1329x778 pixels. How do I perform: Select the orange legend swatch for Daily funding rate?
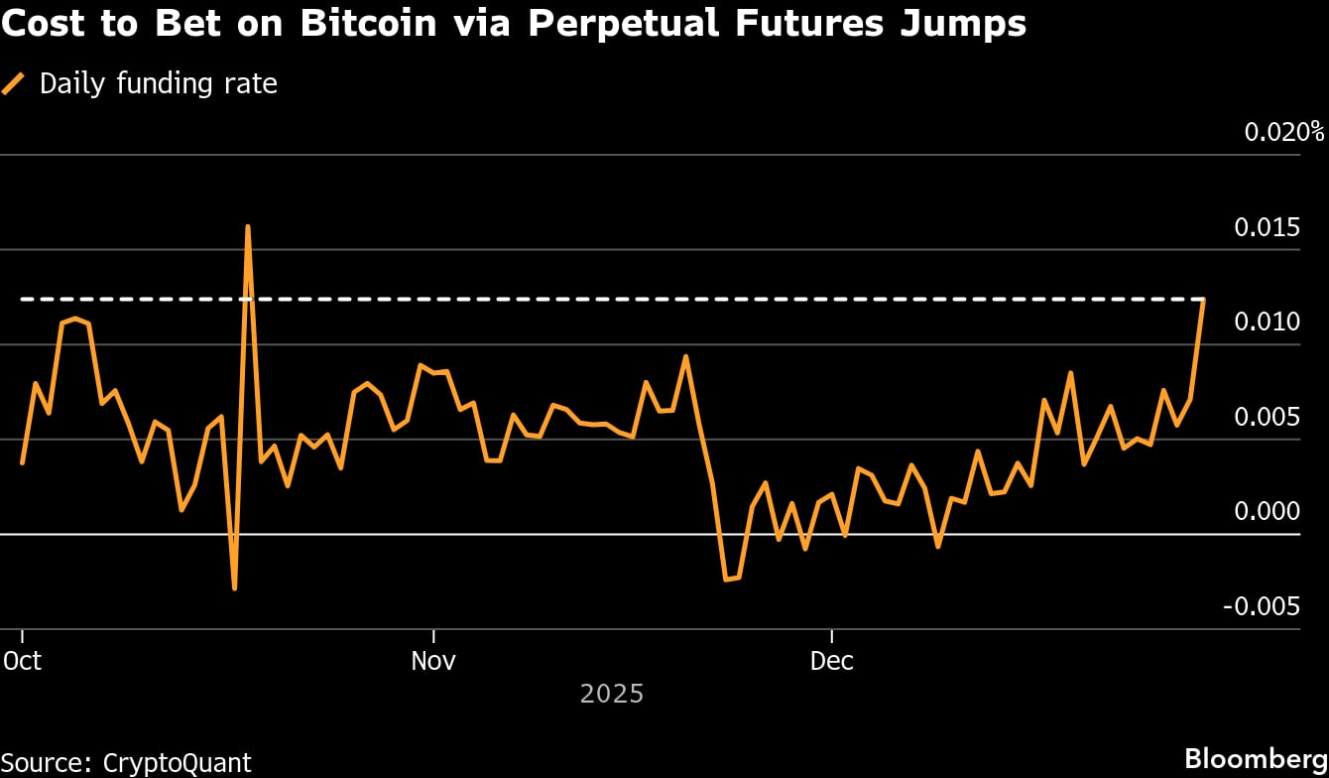(x=14, y=84)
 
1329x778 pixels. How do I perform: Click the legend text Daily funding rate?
(x=158, y=84)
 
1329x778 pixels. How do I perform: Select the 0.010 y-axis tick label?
(x=1267, y=322)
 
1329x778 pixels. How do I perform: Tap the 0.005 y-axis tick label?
(x=1267, y=417)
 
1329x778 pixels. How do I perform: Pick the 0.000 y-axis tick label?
(x=1267, y=511)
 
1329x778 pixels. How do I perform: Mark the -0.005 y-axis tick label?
(x=1262, y=606)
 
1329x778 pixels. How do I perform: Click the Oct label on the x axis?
(x=23, y=661)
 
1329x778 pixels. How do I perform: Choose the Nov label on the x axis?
(x=433, y=661)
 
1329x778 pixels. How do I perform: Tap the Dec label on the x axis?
(x=831, y=661)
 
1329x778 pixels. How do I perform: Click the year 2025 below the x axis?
(x=612, y=693)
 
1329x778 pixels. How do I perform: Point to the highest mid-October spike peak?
(x=247, y=227)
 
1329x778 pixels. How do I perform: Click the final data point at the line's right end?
(x=1203, y=300)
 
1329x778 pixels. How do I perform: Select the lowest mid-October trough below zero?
(x=234, y=588)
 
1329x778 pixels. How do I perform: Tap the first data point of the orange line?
(x=22, y=462)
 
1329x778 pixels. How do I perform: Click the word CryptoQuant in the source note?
(x=177, y=762)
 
